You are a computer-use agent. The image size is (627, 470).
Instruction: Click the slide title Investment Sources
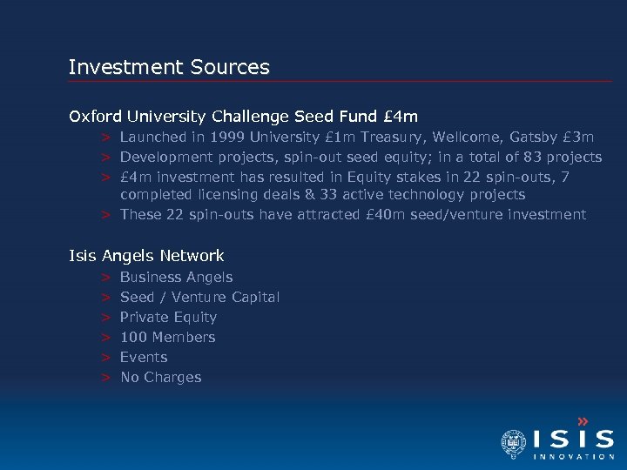(x=169, y=67)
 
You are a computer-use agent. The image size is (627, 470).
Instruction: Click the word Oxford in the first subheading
(x=97, y=116)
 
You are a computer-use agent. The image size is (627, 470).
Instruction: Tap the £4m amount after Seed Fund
(x=401, y=116)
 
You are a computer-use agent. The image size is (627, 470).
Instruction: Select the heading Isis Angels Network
(x=146, y=256)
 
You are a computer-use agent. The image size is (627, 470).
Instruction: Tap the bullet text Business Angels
(x=176, y=277)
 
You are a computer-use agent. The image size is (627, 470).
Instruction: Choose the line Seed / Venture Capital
(x=199, y=297)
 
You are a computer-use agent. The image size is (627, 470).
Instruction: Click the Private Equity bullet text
(x=168, y=317)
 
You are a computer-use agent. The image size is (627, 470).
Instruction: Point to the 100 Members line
(x=167, y=337)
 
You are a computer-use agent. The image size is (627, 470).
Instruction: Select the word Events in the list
(x=144, y=357)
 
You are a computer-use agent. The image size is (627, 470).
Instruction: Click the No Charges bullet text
(x=160, y=377)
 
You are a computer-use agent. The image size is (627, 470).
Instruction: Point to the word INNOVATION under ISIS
(x=574, y=456)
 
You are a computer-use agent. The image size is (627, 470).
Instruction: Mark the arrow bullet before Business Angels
(x=104, y=277)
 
